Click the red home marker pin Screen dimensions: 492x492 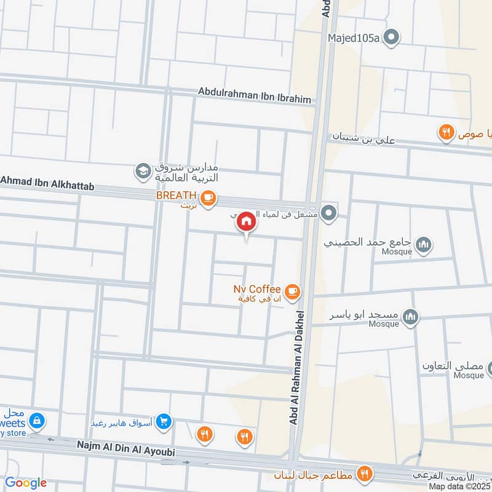click(246, 222)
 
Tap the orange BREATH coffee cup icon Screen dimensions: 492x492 click(209, 197)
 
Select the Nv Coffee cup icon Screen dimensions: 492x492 click(292, 291)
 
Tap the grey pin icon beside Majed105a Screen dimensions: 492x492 click(391, 38)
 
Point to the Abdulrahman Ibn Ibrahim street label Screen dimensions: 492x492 click(255, 95)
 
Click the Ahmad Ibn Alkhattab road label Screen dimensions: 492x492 click(47, 182)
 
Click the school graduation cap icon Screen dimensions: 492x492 click(143, 172)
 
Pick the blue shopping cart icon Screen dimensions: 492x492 click(163, 421)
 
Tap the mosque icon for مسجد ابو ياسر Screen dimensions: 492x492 click(411, 317)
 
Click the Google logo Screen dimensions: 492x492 click(26, 483)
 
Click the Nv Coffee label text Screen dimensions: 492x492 click(257, 288)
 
